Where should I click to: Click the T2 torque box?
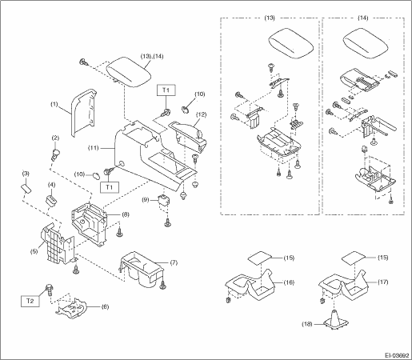pos(30,301)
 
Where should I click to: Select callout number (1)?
pos(54,104)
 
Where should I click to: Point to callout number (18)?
pos(307,324)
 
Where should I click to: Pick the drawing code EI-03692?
pos(397,355)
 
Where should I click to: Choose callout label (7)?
pos(174,262)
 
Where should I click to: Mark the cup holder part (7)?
pos(142,270)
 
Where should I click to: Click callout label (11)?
pos(94,148)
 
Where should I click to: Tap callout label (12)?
pos(201,114)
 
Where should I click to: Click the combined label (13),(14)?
pos(152,56)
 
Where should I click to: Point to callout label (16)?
pos(289,282)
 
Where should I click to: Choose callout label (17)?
pos(382,282)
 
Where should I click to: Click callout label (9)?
pos(146,199)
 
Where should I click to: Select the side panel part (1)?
pos(84,113)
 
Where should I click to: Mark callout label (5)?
pos(34,251)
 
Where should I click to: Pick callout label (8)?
pos(126,214)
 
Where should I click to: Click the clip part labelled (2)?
pos(55,155)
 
